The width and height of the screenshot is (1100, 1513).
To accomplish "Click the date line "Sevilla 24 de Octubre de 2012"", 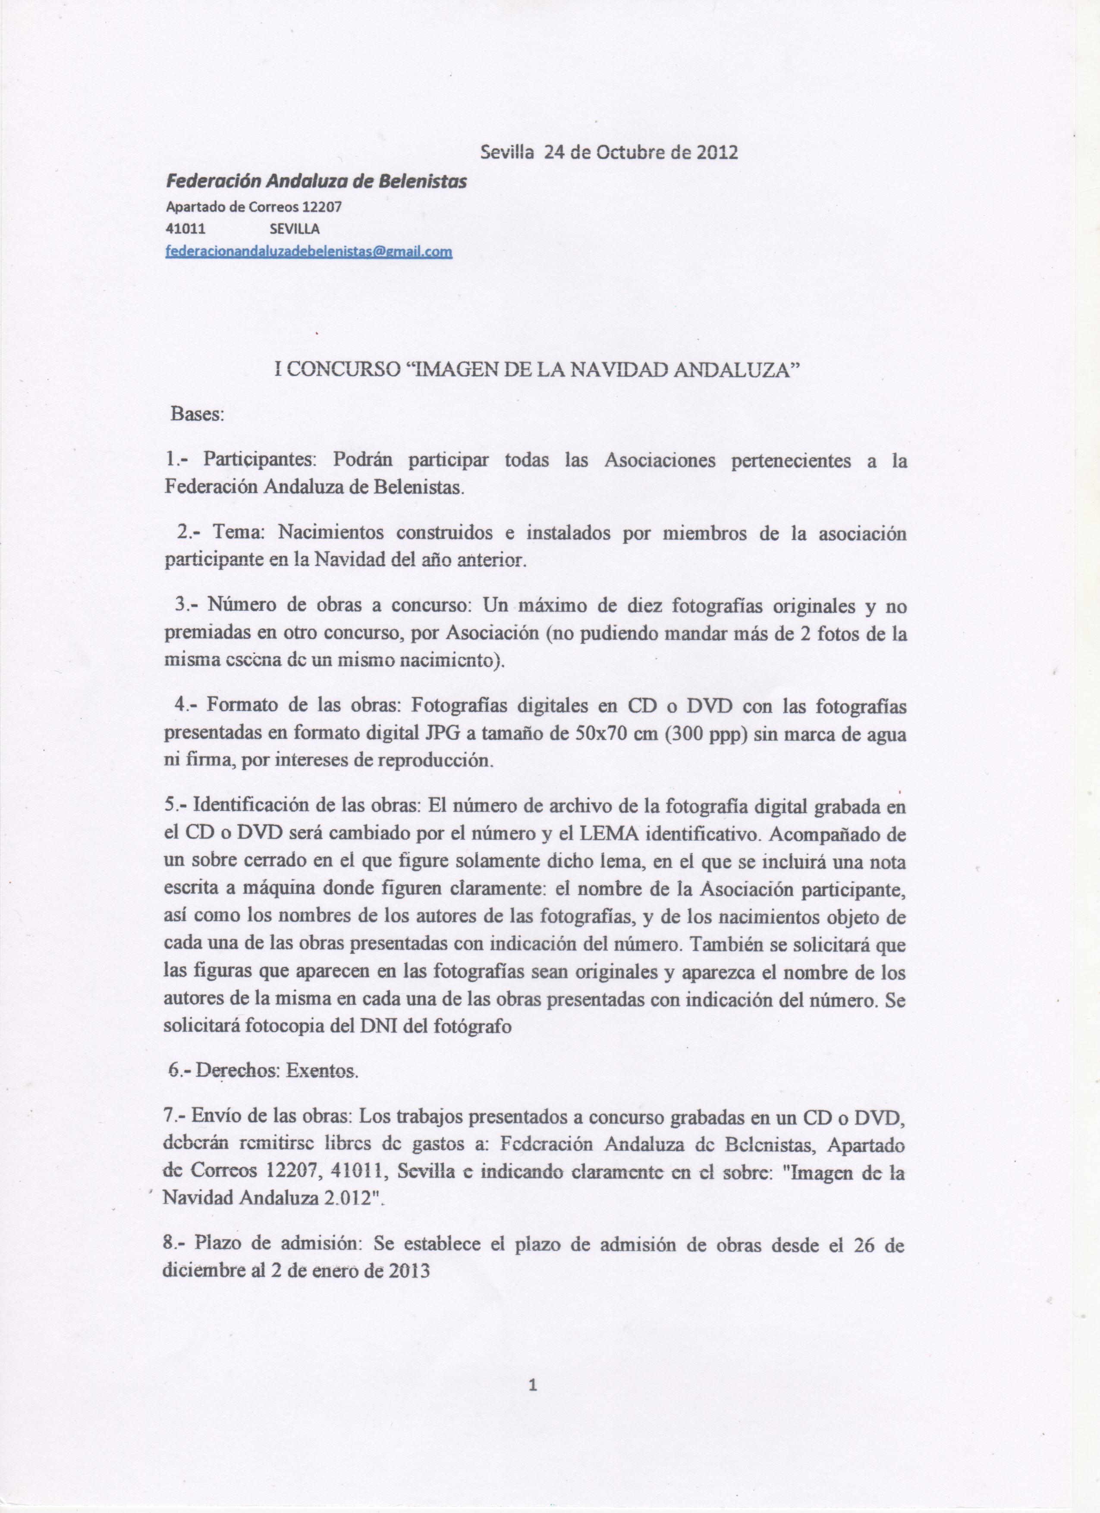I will [609, 153].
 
